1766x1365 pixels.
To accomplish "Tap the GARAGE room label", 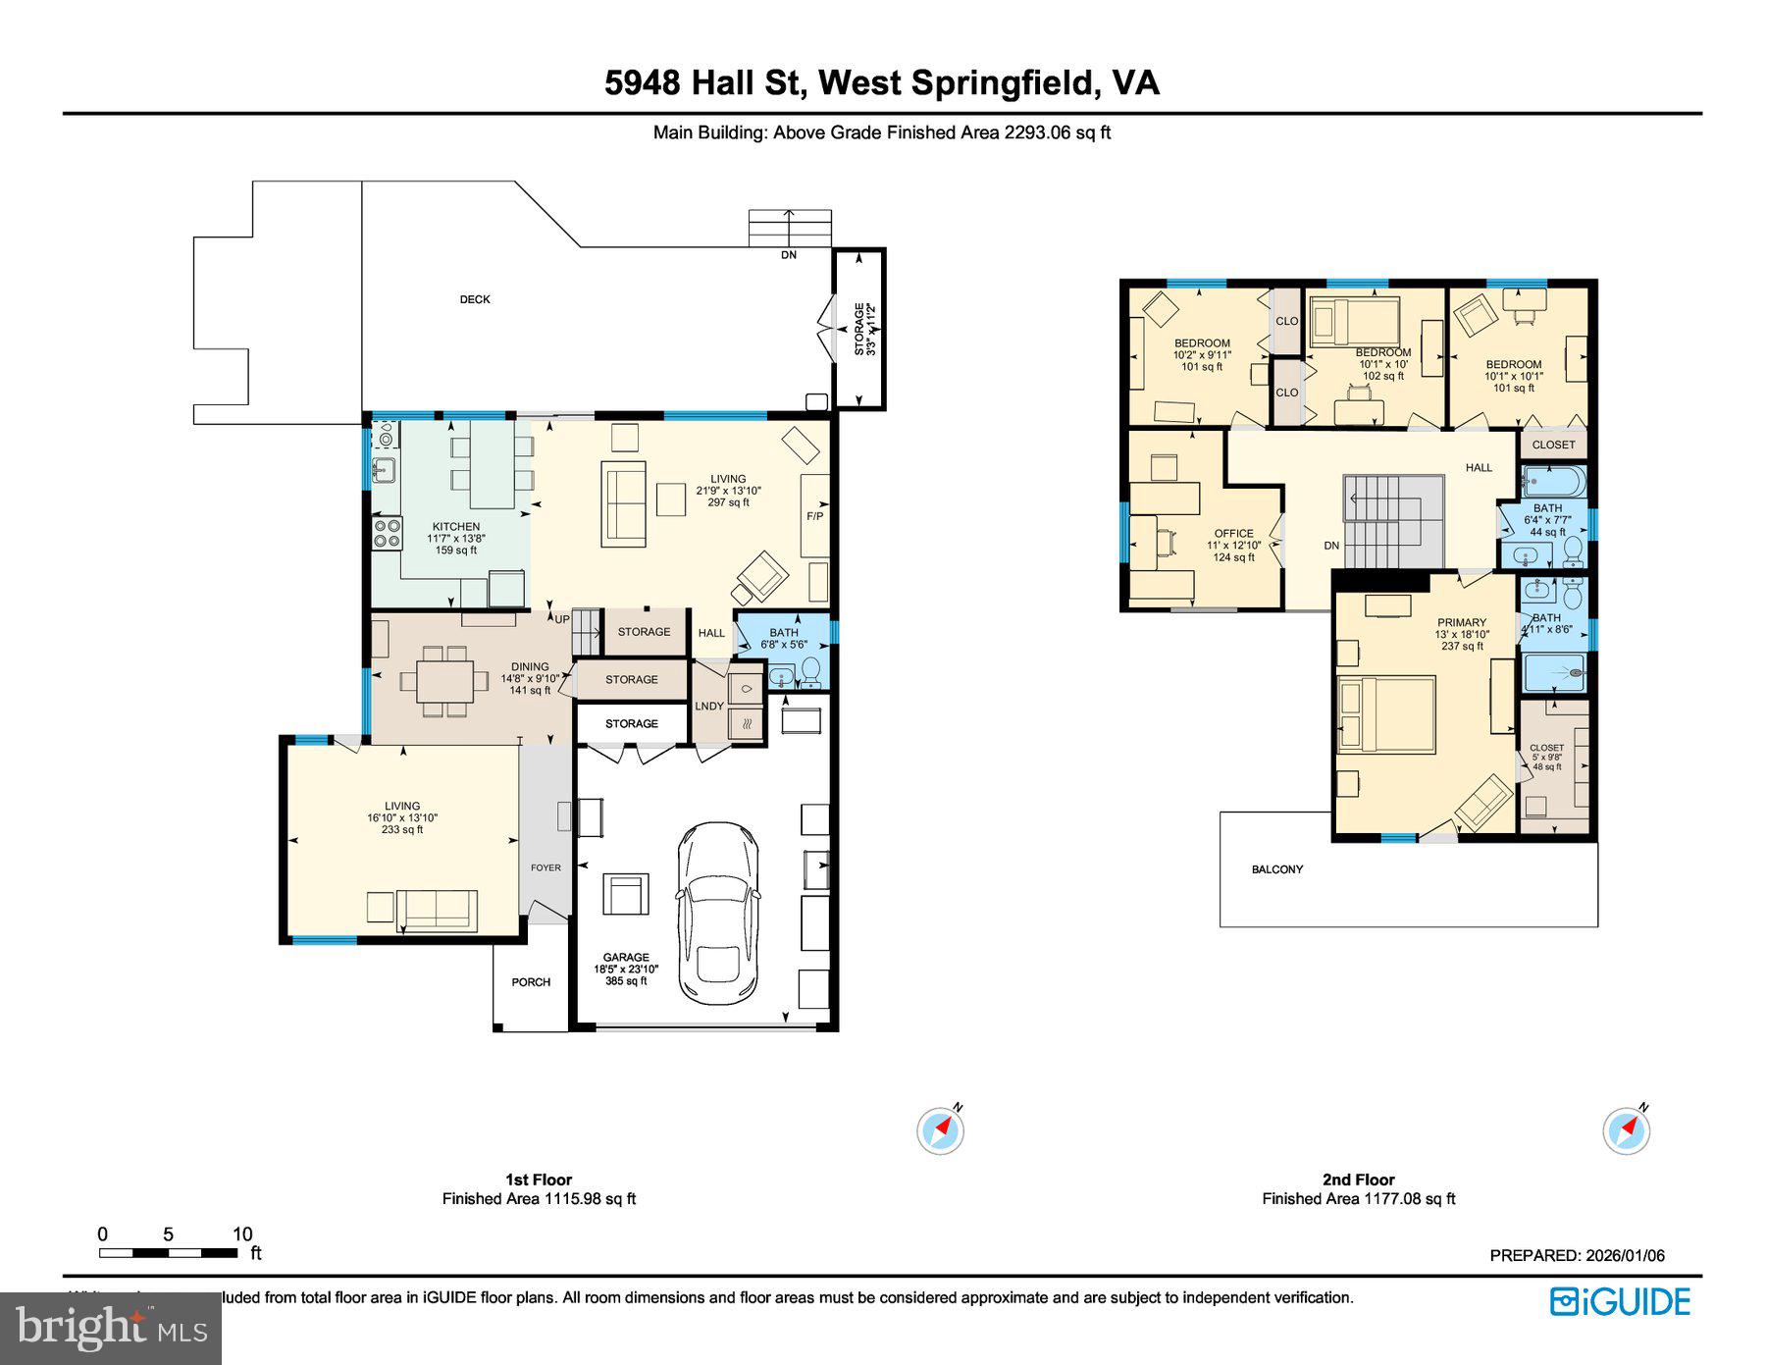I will tap(626, 958).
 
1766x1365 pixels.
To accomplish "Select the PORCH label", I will tap(531, 982).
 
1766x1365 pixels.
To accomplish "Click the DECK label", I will tap(475, 299).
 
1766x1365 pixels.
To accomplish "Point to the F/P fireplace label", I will tap(815, 516).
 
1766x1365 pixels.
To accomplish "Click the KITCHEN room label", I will tap(456, 527).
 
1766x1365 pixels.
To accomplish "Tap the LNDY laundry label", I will tap(709, 707).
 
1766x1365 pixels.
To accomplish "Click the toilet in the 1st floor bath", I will tap(811, 671).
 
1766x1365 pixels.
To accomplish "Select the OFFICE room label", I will tap(1233, 534).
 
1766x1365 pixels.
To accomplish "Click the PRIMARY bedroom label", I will tap(1462, 622).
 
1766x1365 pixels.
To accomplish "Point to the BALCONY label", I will tap(1277, 869).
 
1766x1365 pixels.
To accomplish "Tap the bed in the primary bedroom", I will tap(1386, 714).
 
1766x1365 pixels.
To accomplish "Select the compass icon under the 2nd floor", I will tap(1626, 1131).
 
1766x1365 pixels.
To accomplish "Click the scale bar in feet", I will tap(168, 1253).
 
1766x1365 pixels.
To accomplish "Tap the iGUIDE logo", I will tap(1620, 1302).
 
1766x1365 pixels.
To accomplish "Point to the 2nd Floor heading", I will tap(1358, 1180).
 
